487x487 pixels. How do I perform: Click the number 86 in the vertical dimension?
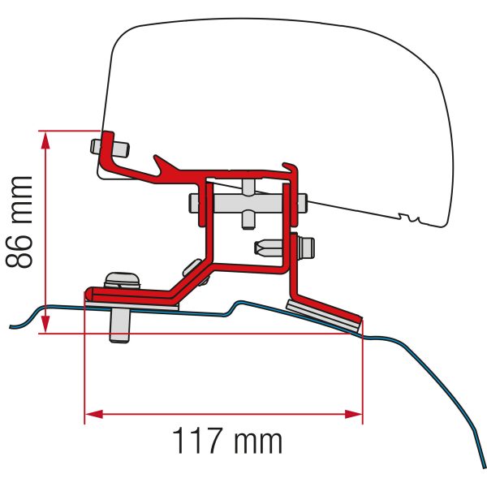tap(20, 245)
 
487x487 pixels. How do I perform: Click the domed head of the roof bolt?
tap(122, 278)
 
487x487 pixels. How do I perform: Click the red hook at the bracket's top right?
tap(292, 166)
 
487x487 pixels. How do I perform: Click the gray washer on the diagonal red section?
tap(195, 269)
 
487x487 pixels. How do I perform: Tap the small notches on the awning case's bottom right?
tap(414, 220)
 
